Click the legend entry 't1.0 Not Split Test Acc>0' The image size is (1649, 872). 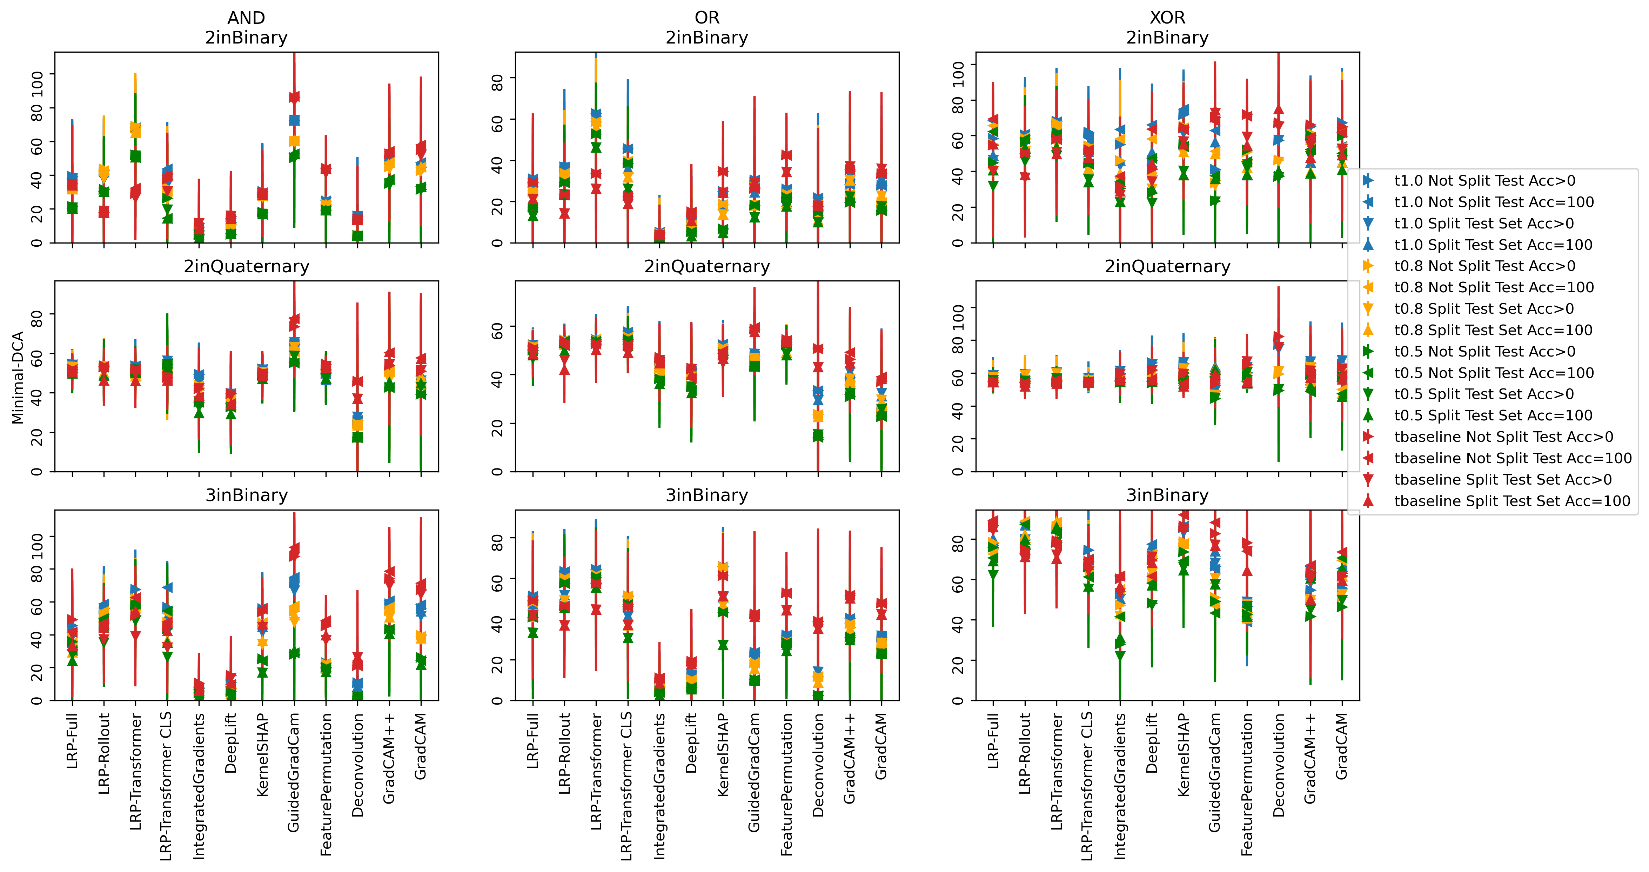1484,181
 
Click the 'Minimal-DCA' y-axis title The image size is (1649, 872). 17,377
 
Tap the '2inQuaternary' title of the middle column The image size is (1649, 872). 707,266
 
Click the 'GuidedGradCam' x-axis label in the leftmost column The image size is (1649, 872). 294,772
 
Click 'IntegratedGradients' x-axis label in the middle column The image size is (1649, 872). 659,786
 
